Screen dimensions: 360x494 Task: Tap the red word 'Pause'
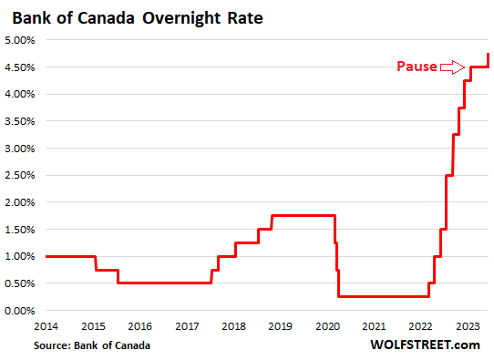tap(416, 67)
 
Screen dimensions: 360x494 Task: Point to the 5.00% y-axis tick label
tap(20, 40)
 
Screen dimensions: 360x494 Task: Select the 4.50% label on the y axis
tap(20, 67)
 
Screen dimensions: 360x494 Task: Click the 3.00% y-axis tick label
tap(20, 149)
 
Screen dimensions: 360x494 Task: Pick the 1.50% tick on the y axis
tap(20, 230)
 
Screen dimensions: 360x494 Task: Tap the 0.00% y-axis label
tap(20, 311)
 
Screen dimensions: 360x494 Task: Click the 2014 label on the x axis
tap(46, 325)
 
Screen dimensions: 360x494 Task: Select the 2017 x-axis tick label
tap(187, 325)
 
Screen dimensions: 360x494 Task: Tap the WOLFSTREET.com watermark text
tap(425, 345)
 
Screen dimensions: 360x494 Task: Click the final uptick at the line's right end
tap(489, 60)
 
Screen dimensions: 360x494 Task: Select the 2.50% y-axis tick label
tap(20, 176)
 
